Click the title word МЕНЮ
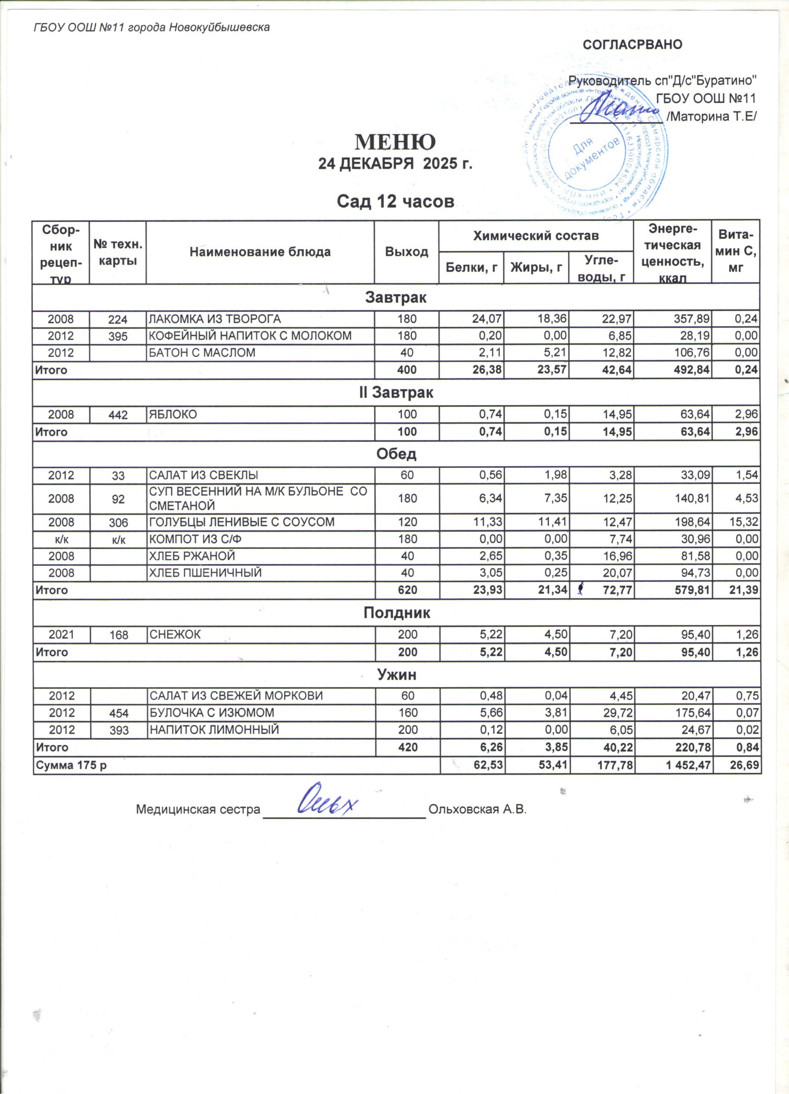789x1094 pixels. [395, 141]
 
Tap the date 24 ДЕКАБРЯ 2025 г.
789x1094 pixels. [395, 165]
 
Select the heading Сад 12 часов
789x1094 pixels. [395, 201]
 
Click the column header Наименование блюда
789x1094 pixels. [260, 252]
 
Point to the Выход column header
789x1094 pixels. [406, 252]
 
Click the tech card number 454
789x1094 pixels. [118, 713]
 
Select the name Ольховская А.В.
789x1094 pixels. [477, 809]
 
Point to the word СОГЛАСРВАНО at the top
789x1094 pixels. [632, 45]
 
